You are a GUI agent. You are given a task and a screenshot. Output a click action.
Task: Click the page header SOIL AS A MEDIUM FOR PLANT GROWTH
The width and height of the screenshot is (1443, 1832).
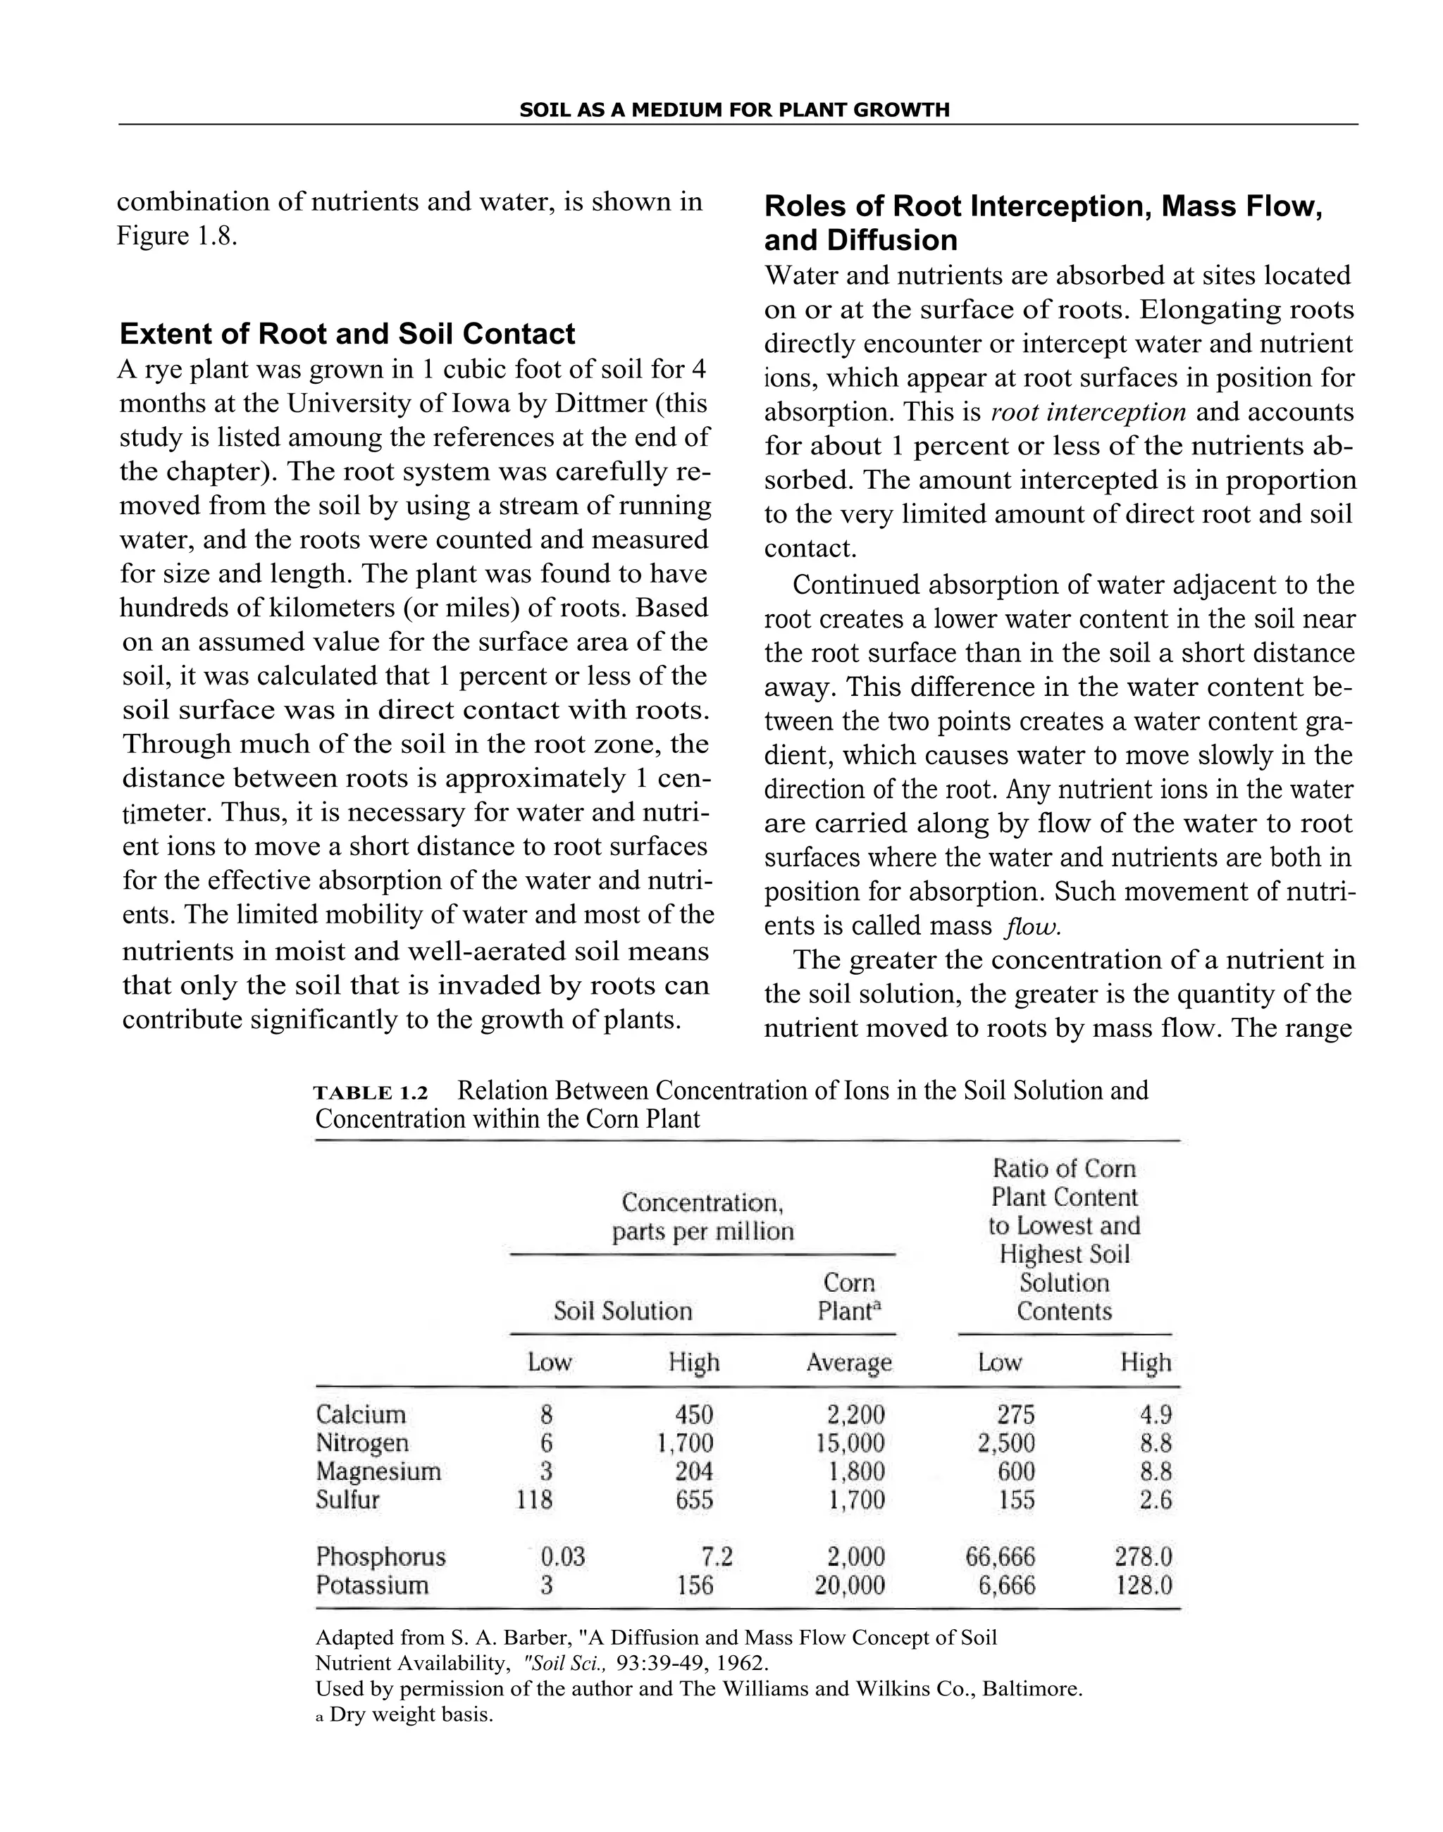733,110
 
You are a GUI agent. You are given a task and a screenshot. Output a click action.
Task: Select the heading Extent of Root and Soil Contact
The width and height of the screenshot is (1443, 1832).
347,334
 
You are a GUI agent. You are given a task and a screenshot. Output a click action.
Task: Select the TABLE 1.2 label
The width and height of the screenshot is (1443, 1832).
371,1093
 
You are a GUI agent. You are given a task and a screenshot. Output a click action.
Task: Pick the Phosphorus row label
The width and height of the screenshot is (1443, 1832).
380,1556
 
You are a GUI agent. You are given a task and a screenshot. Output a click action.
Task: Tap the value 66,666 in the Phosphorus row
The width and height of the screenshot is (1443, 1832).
1001,1556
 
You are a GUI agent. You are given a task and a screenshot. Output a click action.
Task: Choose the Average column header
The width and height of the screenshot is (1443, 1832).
848,1362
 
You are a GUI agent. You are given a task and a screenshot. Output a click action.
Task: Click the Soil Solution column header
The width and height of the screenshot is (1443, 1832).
623,1311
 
